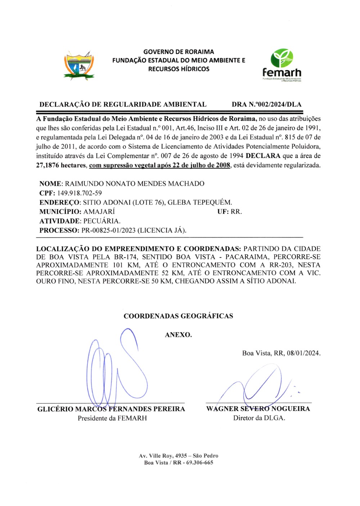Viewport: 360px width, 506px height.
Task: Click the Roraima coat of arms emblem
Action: [x=79, y=65]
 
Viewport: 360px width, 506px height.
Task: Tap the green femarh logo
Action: [x=282, y=65]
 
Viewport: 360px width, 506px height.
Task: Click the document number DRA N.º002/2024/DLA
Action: [x=266, y=104]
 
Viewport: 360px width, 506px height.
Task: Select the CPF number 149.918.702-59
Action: [x=79, y=193]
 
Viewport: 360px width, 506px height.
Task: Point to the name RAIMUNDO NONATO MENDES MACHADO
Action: [x=135, y=184]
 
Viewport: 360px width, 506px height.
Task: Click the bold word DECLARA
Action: [x=263, y=156]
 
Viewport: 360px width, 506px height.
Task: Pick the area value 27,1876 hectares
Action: [x=61, y=165]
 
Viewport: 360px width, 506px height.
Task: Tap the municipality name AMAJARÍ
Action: [x=99, y=212]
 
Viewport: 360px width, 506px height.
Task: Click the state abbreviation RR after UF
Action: [x=236, y=212]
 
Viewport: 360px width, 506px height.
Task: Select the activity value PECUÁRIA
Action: [x=102, y=221]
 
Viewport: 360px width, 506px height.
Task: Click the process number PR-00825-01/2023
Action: [x=108, y=230]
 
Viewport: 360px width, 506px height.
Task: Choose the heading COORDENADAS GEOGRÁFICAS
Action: [x=178, y=316]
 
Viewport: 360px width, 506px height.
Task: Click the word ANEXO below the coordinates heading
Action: [x=178, y=335]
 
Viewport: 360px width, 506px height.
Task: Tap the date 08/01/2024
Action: [x=303, y=353]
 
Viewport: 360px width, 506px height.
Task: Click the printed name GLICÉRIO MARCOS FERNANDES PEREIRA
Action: [x=111, y=409]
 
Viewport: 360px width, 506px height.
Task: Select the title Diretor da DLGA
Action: [x=259, y=418]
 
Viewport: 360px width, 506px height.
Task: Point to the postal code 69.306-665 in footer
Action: [x=199, y=462]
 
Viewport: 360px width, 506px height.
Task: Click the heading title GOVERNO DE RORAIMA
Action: [x=179, y=52]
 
